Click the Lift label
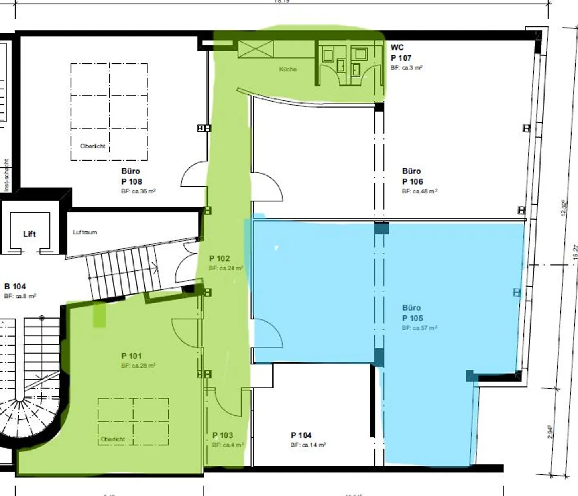click(x=29, y=234)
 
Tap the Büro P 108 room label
click(x=132, y=177)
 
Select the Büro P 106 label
click(x=412, y=177)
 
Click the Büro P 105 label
click(x=412, y=313)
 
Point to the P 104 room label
click(x=301, y=435)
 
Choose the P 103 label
click(x=222, y=435)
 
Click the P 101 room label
click(x=132, y=356)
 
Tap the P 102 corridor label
click(x=219, y=259)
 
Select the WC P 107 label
click(x=400, y=53)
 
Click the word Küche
click(x=288, y=69)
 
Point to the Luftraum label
click(x=85, y=232)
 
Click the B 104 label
click(x=15, y=287)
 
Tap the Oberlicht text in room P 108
click(x=93, y=146)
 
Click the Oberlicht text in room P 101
click(x=113, y=439)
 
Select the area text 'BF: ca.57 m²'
click(x=419, y=328)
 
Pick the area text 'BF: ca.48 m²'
click(x=419, y=191)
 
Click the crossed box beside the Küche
click(x=256, y=49)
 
